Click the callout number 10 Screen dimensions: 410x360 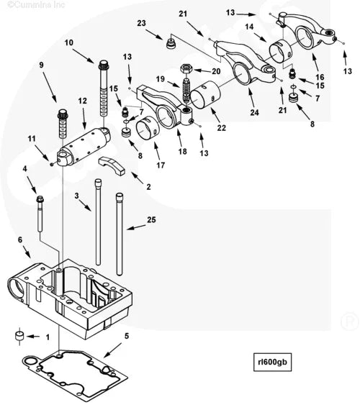(x=70, y=43)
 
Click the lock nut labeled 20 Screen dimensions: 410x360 (x=186, y=70)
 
